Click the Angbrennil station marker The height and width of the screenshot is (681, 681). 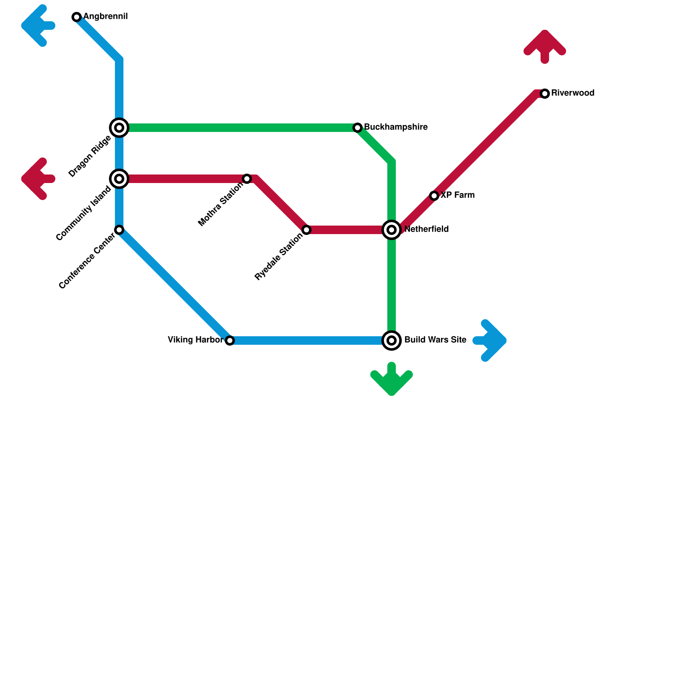(x=77, y=17)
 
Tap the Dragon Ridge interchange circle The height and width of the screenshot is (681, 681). (x=119, y=128)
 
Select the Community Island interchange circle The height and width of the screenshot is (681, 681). (x=119, y=179)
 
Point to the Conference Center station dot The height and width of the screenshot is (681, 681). (x=119, y=230)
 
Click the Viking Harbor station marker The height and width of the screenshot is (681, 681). (x=230, y=340)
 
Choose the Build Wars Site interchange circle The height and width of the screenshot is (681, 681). (x=392, y=340)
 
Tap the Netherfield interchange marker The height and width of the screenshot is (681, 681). (x=392, y=230)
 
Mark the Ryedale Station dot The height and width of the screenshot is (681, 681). (x=306, y=230)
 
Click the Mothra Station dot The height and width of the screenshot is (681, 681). (x=247, y=179)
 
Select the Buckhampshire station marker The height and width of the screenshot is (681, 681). (x=358, y=128)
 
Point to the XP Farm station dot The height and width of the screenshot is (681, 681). (x=434, y=196)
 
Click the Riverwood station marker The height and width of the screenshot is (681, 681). (x=545, y=94)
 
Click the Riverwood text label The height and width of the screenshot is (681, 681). (x=572, y=93)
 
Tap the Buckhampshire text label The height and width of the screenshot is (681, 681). (x=396, y=127)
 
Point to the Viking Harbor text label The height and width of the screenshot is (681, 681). (x=195, y=340)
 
